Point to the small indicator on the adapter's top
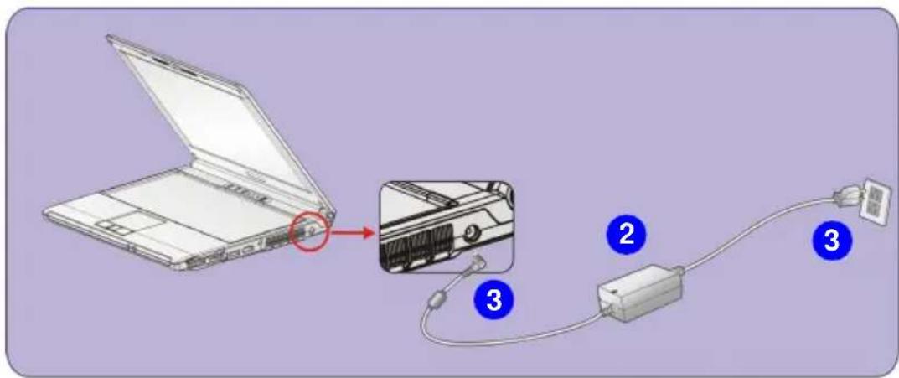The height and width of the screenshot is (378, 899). (x=614, y=292)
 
